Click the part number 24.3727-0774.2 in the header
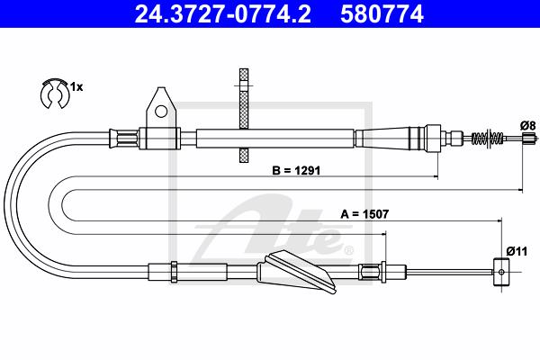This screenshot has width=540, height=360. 223,13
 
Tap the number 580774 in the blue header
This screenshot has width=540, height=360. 382,13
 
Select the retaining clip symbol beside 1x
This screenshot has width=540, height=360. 55,94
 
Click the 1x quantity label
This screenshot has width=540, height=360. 76,87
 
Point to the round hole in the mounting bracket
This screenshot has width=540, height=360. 161,111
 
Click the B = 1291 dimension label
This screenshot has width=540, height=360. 296,170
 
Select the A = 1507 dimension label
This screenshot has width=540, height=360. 364,214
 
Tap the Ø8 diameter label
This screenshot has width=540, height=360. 528,126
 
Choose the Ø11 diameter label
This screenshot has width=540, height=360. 517,251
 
